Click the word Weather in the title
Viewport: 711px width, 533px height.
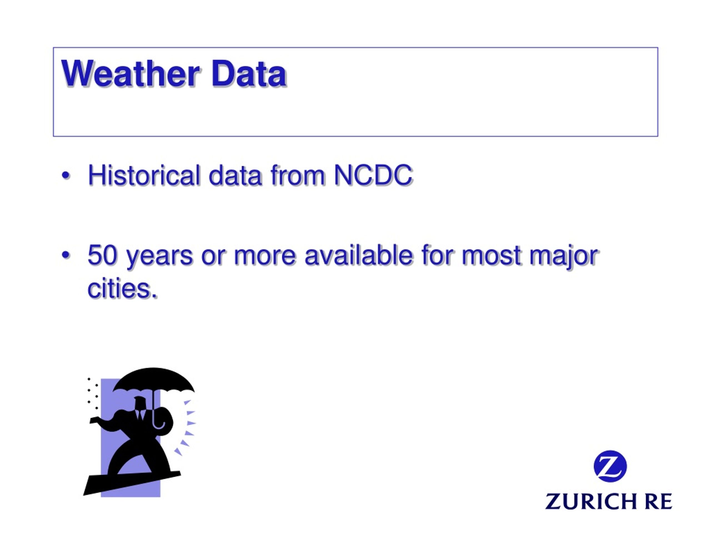(x=131, y=74)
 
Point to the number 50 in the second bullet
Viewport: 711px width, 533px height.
(x=102, y=255)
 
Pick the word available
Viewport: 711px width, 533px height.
(x=358, y=255)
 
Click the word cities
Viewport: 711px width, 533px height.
(x=122, y=288)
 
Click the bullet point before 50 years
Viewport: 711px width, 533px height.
(x=66, y=255)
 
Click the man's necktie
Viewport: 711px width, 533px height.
(x=140, y=414)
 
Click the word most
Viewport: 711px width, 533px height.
(x=491, y=256)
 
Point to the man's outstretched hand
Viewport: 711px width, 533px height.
(x=94, y=421)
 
